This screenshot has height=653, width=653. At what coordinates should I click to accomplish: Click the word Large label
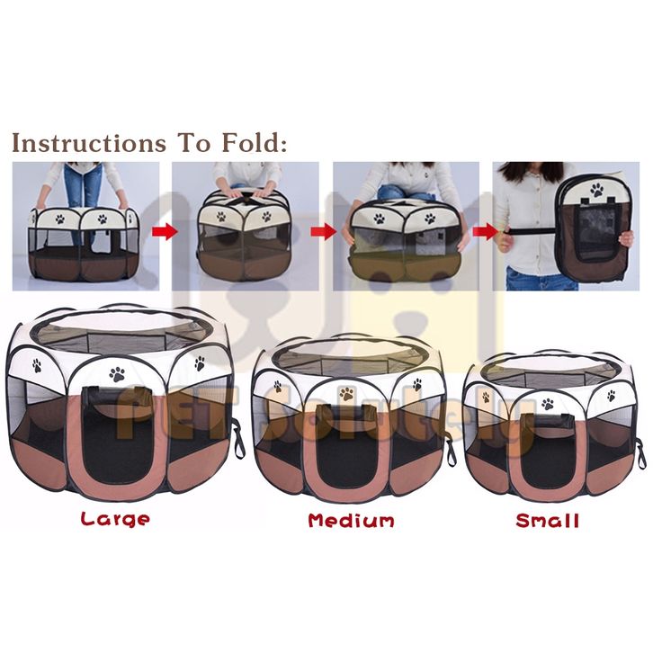click(x=115, y=519)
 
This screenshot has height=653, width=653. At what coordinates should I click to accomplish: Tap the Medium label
click(x=351, y=521)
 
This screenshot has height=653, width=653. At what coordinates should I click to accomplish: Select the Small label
click(x=547, y=521)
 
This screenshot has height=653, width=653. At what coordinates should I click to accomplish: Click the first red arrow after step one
click(x=165, y=231)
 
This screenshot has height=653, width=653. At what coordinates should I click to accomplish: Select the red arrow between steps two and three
click(x=324, y=231)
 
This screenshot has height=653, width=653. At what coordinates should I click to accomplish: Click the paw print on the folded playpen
click(x=596, y=190)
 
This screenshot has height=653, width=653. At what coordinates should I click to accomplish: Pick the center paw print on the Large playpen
click(x=117, y=374)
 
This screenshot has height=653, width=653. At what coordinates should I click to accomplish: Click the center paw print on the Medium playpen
click(x=346, y=393)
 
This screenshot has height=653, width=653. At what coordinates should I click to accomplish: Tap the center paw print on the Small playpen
click(x=548, y=403)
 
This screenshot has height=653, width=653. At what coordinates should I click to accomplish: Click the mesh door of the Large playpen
click(x=118, y=437)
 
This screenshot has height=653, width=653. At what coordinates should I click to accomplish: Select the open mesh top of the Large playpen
click(x=120, y=333)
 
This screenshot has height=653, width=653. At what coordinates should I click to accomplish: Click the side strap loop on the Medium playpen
click(x=451, y=450)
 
